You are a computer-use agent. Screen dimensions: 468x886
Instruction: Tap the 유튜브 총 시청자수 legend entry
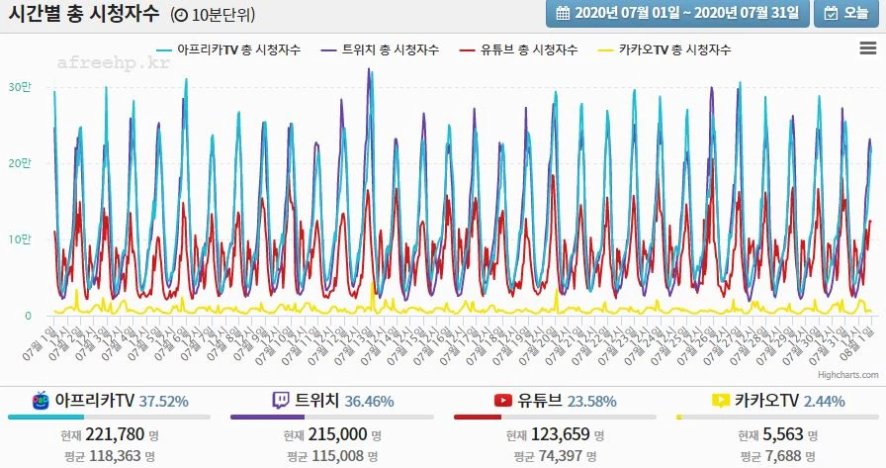point(527,49)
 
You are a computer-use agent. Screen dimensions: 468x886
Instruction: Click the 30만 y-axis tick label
point(20,86)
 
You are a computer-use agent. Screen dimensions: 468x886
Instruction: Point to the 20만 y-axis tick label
point(20,163)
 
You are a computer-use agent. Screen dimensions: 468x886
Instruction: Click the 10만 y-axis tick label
point(20,239)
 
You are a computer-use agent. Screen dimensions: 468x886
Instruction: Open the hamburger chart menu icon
point(867,47)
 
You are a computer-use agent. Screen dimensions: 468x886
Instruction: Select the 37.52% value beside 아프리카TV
point(163,401)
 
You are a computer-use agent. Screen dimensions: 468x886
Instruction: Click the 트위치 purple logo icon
point(281,400)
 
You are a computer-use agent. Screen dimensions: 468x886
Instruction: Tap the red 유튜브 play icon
point(502,401)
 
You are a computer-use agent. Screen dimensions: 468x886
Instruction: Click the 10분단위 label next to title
point(217,15)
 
